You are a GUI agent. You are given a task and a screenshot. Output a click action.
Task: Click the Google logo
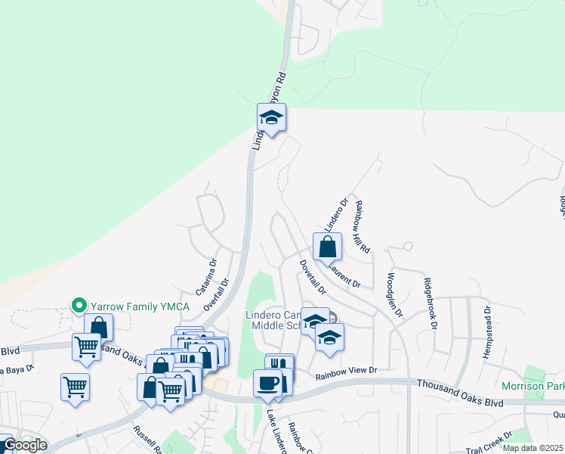pos(24,445)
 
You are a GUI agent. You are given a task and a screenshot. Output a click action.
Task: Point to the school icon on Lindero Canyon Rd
pos(271,118)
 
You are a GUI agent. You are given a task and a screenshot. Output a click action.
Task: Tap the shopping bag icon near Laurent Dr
pos(327,247)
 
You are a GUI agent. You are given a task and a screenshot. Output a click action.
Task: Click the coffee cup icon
pos(267,383)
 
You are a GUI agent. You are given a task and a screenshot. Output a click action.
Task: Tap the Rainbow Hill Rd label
pos(363,226)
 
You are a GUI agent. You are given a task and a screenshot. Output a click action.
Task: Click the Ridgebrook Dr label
pos(431,305)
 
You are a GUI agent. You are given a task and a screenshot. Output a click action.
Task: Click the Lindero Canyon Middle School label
pos(272,320)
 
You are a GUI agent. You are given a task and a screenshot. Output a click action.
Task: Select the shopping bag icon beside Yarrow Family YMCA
pos(98,327)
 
